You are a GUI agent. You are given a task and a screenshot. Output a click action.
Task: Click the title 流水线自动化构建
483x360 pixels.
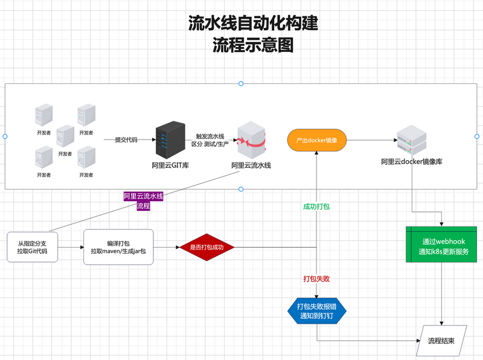pos(253,24)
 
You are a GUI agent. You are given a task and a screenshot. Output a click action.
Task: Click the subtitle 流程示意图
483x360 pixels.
pos(253,45)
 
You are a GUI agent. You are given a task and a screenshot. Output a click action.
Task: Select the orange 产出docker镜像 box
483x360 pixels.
pos(316,140)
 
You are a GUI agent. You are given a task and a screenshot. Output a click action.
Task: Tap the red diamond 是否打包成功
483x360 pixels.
pos(206,248)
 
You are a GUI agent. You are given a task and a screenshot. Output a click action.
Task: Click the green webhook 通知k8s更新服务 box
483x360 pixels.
pos(443,244)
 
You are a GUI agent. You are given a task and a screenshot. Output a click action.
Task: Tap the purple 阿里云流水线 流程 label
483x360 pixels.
pos(143,201)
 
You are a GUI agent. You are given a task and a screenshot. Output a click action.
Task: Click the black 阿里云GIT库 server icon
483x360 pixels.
pos(169,140)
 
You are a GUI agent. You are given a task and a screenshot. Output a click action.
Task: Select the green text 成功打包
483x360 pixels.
pos(316,207)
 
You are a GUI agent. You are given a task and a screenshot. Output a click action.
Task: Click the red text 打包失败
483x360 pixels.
pos(316,279)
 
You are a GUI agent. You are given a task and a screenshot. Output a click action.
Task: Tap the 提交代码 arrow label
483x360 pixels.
pos(126,140)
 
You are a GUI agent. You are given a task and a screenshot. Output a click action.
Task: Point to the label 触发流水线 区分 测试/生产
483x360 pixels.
pos(208,140)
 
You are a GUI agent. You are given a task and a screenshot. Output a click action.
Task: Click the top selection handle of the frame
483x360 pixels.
pos(241,83)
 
